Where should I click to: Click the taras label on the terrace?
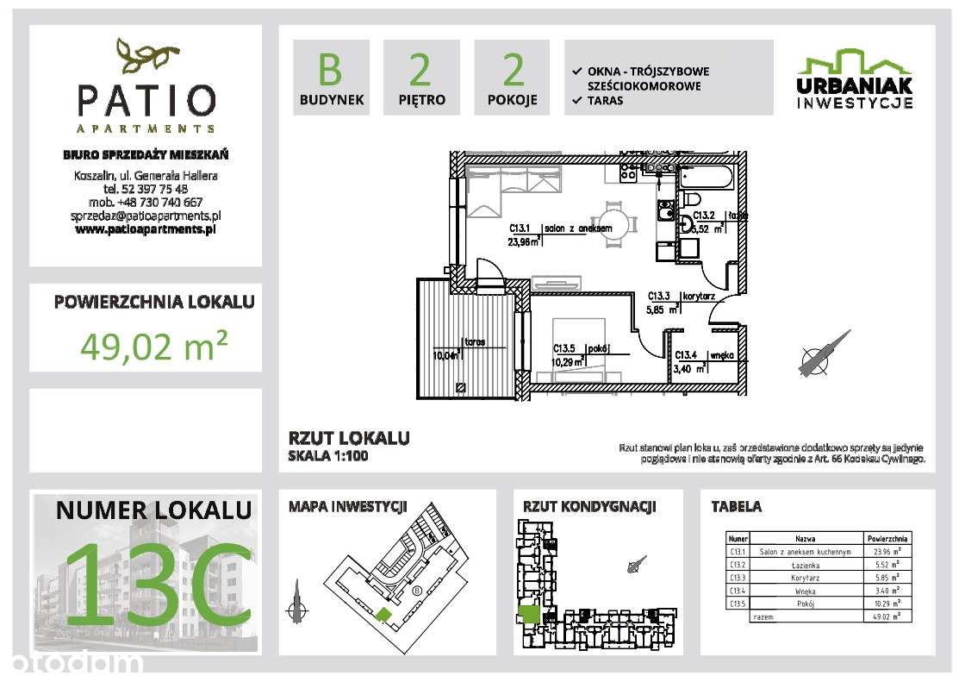tap(475, 341)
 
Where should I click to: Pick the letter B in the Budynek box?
tap(331, 70)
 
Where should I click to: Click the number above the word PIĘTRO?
tap(421, 70)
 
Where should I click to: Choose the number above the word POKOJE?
tap(513, 70)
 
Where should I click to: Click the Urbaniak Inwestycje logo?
tap(853, 79)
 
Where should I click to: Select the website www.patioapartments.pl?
tap(146, 230)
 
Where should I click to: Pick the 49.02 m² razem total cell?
tap(885, 616)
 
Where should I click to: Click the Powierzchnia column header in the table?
tap(885, 538)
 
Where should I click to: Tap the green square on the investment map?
tap(382, 613)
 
